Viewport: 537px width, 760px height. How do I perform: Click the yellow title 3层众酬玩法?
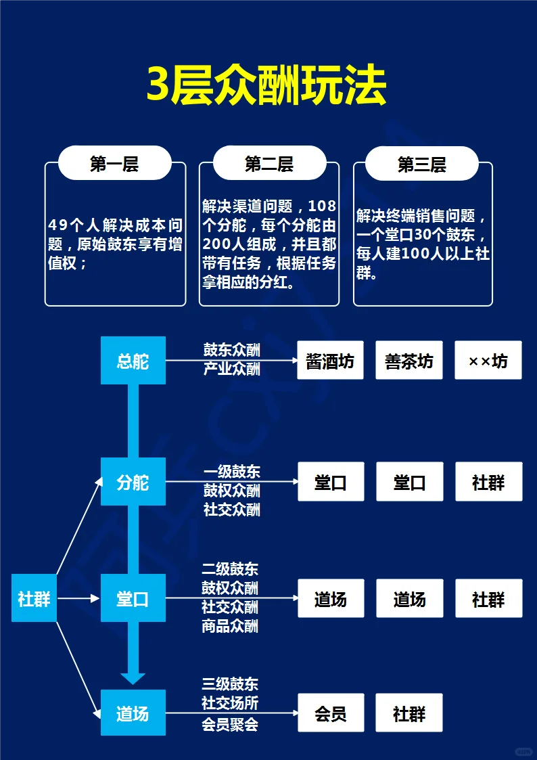coord(267,86)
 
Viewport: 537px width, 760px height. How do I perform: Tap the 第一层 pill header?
coord(114,164)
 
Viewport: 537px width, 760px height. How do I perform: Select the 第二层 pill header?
coord(269,164)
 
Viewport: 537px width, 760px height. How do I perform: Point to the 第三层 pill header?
coord(422,164)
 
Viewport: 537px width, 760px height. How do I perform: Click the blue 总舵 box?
coord(133,361)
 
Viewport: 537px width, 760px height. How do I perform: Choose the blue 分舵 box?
coord(133,482)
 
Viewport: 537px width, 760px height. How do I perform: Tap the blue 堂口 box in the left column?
coord(133,598)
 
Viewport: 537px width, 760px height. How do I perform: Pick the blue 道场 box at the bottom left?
coord(133,713)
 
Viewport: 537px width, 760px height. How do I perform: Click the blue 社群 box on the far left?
coord(34,598)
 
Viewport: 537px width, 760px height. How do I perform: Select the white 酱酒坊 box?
coord(330,361)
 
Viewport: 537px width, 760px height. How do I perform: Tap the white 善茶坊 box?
coord(409,361)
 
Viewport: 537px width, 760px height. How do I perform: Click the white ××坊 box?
coord(488,361)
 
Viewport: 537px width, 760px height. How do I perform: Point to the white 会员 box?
coord(331,713)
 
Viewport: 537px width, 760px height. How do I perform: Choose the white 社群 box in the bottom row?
coord(409,713)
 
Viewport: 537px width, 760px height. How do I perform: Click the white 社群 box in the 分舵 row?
coord(488,482)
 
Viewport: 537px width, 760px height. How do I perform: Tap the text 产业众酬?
coord(232,369)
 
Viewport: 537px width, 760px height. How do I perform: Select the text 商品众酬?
coord(230,626)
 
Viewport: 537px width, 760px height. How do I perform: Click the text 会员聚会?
coord(230,724)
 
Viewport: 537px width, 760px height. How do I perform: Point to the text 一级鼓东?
coord(232,472)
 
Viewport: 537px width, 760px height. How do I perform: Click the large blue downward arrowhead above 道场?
coord(133,677)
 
